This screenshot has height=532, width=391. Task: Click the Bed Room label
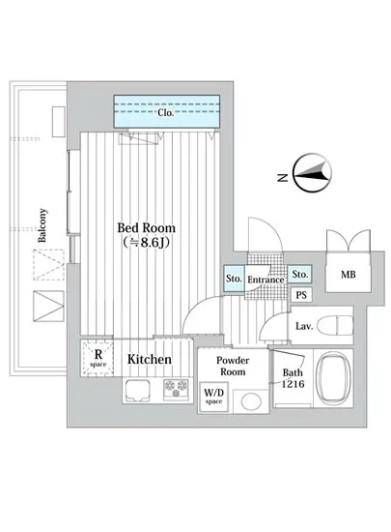(x=148, y=228)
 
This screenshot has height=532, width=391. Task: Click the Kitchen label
(x=150, y=360)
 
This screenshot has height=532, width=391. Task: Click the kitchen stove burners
(x=177, y=390)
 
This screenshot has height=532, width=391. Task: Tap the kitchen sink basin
(x=138, y=390)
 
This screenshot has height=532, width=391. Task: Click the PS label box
(x=301, y=295)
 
